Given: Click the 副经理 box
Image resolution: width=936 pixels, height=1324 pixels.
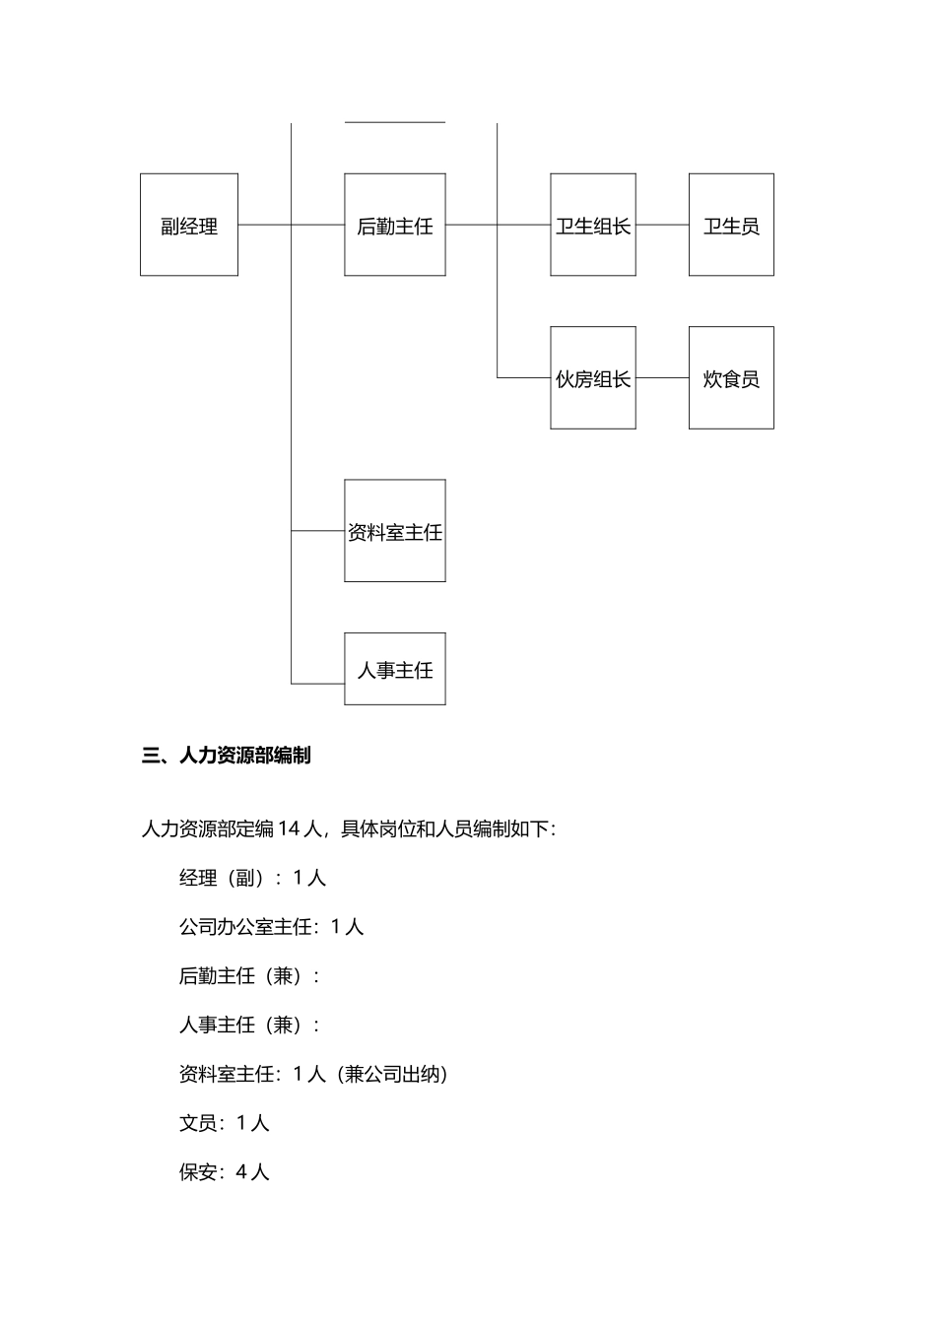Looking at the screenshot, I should (189, 225).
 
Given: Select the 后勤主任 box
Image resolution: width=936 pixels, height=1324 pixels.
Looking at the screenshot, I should (394, 225).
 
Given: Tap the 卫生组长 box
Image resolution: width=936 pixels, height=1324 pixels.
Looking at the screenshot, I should (592, 225).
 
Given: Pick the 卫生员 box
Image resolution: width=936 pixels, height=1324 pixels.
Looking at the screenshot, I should (731, 225).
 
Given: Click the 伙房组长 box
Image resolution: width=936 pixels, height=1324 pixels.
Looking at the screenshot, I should (592, 378).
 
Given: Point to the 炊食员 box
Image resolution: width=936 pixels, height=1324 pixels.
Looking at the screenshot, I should (731, 378).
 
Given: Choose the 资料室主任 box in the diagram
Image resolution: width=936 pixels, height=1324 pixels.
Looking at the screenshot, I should (394, 531).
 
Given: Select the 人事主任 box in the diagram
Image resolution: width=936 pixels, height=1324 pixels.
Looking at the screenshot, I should (394, 669).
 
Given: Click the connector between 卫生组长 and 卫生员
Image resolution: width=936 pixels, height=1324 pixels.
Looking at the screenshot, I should (662, 225).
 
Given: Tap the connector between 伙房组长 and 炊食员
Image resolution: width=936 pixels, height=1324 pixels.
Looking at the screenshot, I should (662, 377).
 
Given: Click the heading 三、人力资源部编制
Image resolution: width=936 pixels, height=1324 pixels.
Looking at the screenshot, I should (227, 756).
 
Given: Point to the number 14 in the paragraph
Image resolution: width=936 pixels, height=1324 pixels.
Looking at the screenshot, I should (289, 828).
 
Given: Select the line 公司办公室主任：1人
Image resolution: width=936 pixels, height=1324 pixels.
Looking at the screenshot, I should (271, 926).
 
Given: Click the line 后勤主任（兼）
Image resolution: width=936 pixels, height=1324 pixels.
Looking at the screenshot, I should (249, 975).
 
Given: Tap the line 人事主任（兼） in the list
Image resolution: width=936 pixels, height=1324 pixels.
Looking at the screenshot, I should (249, 1025).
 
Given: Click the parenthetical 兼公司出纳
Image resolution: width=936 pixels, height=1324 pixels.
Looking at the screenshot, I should (393, 1074).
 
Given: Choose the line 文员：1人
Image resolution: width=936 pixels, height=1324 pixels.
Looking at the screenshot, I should (224, 1123).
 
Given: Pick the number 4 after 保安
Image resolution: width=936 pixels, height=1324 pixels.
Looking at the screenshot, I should (241, 1172).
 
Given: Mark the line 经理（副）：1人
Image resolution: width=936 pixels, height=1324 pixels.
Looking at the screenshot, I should (252, 877).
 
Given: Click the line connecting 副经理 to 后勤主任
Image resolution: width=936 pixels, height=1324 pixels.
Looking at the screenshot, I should (264, 225).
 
